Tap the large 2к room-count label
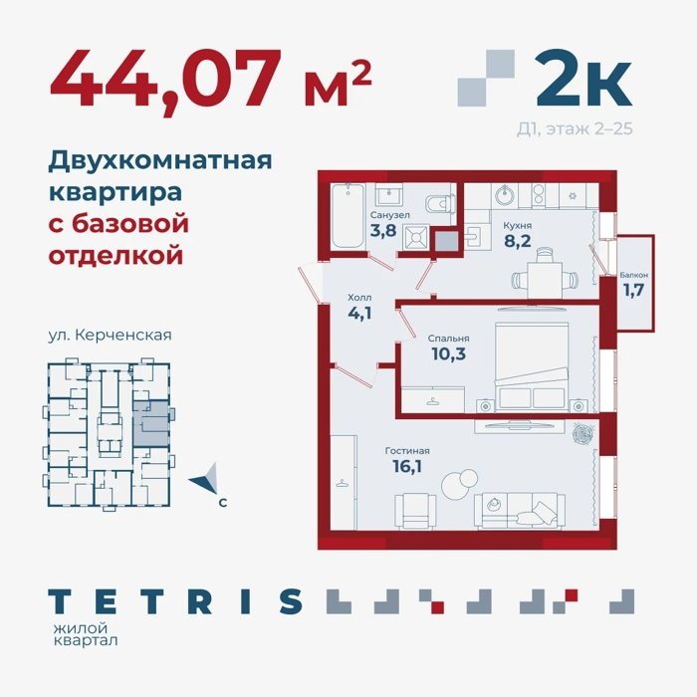point(583,79)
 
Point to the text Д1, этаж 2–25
point(575,128)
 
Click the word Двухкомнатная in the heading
point(160,161)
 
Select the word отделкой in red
point(116,255)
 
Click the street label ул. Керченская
point(110,335)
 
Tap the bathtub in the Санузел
point(348,216)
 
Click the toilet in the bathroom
point(440,204)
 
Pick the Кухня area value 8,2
point(518,241)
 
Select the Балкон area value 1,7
point(633,290)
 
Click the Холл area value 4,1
point(359,313)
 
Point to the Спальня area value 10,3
point(448,353)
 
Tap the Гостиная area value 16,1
point(407,466)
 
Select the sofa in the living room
point(519,511)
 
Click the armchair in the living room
point(415,511)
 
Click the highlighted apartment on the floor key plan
point(150,424)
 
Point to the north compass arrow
point(204,479)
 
